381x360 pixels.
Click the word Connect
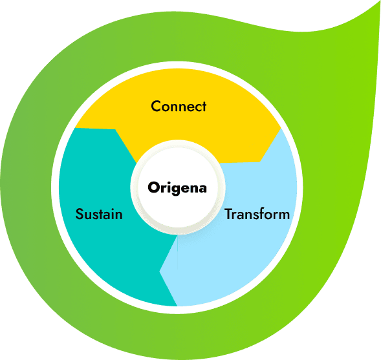(x=179, y=106)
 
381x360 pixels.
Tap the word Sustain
(x=99, y=214)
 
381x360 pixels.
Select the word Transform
(x=257, y=214)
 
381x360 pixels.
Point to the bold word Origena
(x=177, y=188)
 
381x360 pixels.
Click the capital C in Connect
(x=156, y=106)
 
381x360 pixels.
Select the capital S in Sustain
(x=80, y=214)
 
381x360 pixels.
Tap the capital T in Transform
(x=228, y=214)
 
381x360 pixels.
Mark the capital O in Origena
(x=153, y=188)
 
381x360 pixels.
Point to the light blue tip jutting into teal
(x=162, y=271)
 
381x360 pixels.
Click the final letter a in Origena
(x=202, y=189)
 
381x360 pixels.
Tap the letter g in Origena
(x=172, y=190)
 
